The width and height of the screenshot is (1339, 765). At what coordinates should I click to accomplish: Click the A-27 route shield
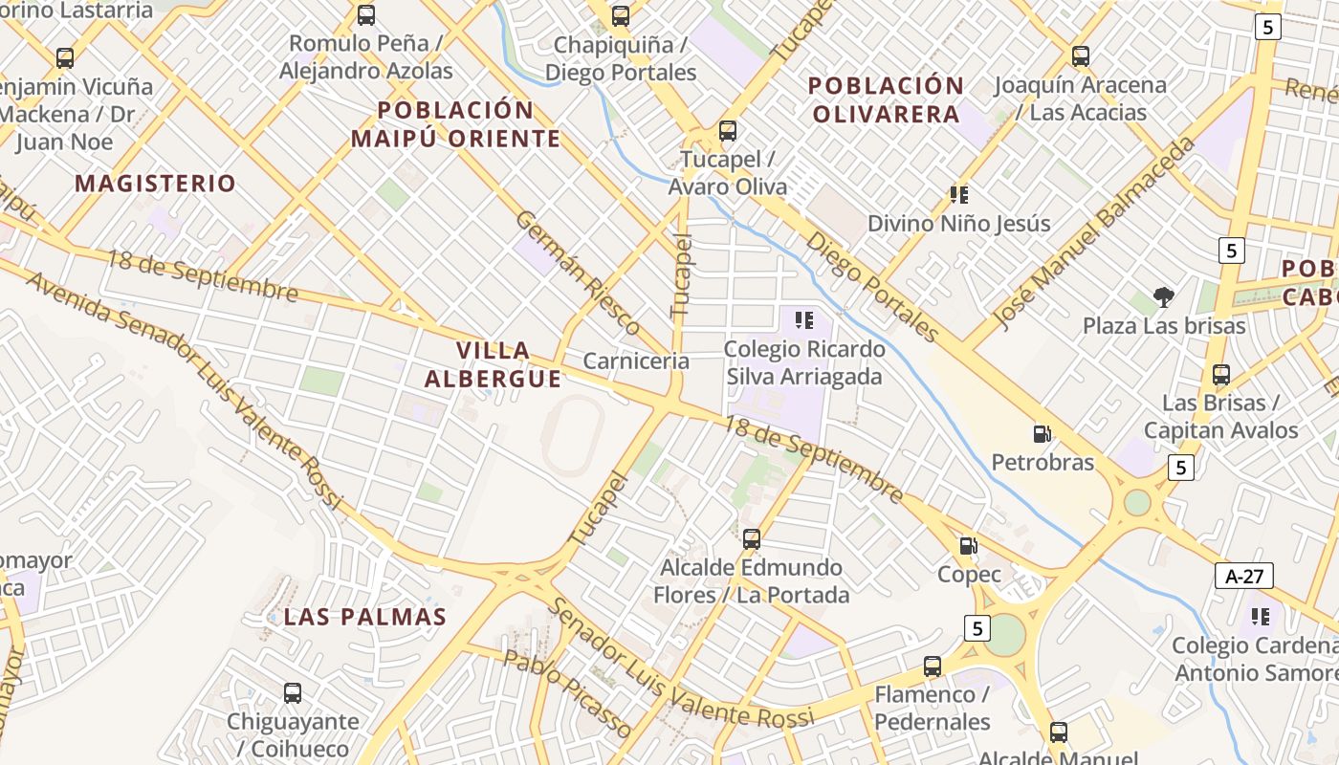[x=1243, y=576]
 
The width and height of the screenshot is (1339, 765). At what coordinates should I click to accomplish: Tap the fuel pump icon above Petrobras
[x=1042, y=434]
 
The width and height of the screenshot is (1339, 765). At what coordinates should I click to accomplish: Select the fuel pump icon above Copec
[x=969, y=546]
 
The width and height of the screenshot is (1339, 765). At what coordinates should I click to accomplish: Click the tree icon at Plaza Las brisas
[x=1163, y=297]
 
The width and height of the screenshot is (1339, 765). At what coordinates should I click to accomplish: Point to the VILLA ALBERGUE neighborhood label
[x=493, y=364]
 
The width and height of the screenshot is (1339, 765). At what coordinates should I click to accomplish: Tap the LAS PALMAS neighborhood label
[x=364, y=617]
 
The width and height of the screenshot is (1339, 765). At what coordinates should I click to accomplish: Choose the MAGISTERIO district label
[x=155, y=184]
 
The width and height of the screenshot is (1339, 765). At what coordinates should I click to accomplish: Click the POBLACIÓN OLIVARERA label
[x=885, y=99]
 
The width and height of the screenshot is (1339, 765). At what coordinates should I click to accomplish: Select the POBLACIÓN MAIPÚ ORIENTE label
[x=455, y=124]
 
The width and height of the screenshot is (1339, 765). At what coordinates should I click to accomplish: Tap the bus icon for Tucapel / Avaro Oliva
[x=727, y=131]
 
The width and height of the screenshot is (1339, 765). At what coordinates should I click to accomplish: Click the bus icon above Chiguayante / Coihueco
[x=293, y=692]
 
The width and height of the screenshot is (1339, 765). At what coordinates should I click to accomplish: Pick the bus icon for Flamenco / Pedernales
[x=932, y=667]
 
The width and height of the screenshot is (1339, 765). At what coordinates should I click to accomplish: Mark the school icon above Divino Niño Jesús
[x=958, y=195]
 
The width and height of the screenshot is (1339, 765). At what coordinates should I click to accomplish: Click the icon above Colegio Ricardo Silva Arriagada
[x=803, y=320]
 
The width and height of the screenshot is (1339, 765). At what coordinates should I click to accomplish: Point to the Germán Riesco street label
[x=578, y=273]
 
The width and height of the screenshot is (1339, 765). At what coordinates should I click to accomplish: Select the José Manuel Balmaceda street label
[x=1093, y=232]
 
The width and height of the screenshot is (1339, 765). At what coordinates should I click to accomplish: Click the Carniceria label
[x=636, y=361]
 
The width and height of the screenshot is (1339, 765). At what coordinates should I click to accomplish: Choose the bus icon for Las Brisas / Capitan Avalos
[x=1220, y=374]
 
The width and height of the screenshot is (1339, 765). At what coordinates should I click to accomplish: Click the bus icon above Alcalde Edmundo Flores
[x=752, y=539]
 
